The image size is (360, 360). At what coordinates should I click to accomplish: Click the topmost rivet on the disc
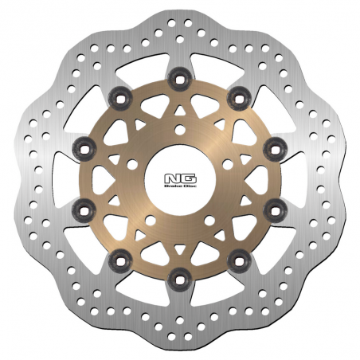[x=179, y=77]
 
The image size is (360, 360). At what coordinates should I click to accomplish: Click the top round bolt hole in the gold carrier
[x=179, y=129]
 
